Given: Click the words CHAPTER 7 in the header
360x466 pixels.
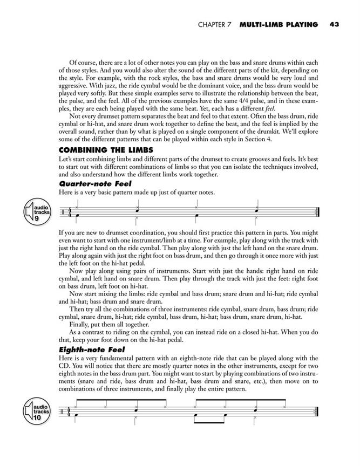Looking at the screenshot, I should [x=215, y=24].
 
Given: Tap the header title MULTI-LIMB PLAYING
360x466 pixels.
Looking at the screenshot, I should [x=279, y=24].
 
